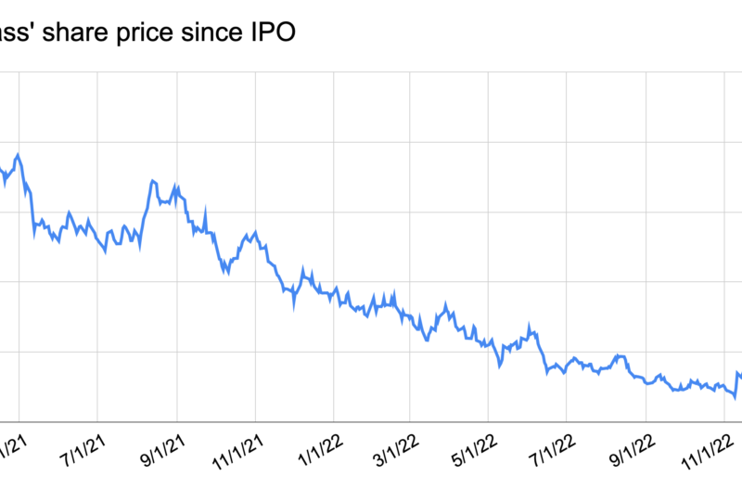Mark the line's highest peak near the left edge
[18, 154]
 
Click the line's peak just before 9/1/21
[154, 182]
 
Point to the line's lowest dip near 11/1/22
[735, 398]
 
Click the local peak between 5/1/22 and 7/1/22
[530, 326]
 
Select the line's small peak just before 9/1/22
[618, 355]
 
